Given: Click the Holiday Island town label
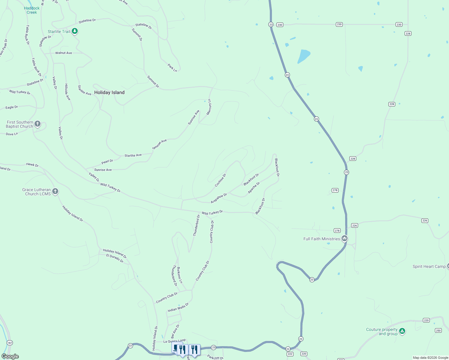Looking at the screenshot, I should [109, 92].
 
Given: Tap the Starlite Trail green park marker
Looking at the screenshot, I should [75, 31].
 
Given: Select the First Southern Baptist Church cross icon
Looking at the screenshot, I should [38, 124].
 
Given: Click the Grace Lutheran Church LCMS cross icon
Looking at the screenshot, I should [55, 191].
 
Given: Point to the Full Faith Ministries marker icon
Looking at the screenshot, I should [345, 238].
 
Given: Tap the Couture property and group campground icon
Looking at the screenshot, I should [402, 331].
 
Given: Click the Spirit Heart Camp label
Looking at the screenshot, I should [429, 266].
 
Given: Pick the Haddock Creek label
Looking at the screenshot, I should [32, 10].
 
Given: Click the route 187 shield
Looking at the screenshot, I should [10, 343].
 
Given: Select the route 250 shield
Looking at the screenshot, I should [438, 331].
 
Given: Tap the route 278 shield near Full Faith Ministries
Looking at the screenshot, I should [337, 231].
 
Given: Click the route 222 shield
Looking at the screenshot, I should [290, 354].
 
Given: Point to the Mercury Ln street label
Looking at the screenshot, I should [209, 107].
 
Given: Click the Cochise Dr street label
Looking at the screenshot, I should [221, 180].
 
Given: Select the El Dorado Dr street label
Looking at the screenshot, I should [115, 258].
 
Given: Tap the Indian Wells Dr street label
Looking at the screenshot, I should [178, 307].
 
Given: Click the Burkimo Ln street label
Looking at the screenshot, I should [179, 275].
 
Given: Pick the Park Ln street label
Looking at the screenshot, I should [172, 67].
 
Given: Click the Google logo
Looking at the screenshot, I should [10, 356].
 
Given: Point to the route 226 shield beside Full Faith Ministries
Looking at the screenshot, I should [354, 226].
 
